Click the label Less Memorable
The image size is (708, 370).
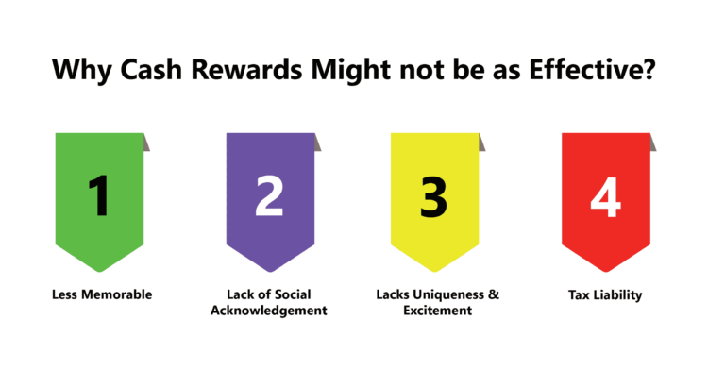[101, 294]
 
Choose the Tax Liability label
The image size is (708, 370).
[605, 294]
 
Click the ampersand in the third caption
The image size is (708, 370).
[493, 294]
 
